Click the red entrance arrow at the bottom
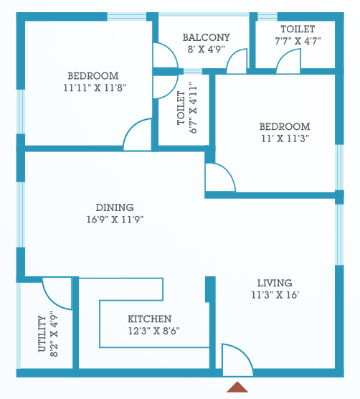(237, 387)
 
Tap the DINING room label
(115, 207)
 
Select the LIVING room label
(275, 283)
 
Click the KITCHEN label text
(149, 319)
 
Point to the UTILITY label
(42, 334)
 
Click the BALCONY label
(206, 37)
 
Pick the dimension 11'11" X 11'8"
(93, 88)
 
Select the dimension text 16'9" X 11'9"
(115, 220)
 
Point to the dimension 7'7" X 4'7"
(297, 41)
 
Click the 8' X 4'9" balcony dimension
(206, 50)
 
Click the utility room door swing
(58, 291)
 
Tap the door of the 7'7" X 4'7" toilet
(288, 62)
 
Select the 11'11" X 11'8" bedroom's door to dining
(138, 136)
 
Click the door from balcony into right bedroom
(237, 63)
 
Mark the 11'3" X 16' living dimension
(275, 294)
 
